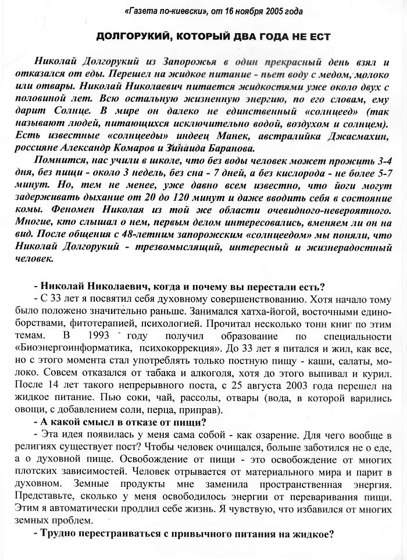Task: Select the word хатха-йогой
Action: coord(195,311)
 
